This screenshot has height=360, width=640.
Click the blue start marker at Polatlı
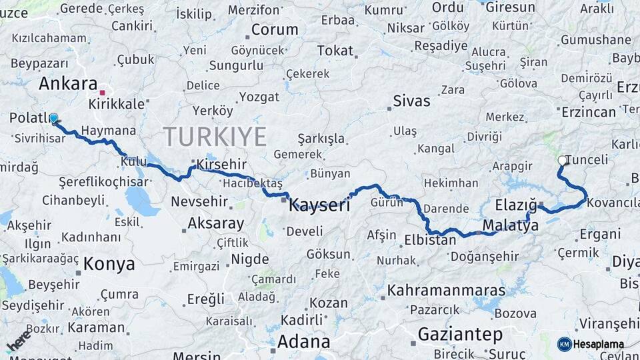point(53,118)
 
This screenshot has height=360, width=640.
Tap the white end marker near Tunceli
point(562,160)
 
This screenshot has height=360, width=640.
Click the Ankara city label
point(68,84)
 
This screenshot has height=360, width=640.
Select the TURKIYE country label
point(215,137)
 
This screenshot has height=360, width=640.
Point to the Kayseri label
point(319,205)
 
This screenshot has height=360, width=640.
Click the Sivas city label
point(411,101)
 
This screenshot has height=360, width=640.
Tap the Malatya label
point(511,225)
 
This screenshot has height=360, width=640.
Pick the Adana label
point(303,342)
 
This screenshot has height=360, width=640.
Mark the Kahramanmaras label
point(447,291)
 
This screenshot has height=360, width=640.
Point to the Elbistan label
point(430,240)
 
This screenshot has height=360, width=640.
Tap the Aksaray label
point(216,223)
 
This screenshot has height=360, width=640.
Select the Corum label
point(275,30)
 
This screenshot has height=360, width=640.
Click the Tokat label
point(335,51)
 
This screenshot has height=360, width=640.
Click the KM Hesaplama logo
point(591,344)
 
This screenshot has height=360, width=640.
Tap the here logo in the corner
point(18,339)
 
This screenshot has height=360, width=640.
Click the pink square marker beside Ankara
point(102,93)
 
